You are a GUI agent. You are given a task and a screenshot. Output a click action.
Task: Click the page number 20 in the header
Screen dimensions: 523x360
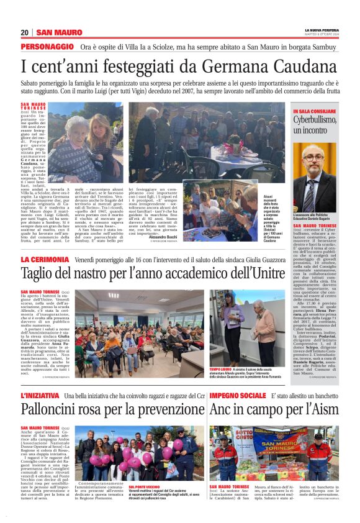click(25, 32)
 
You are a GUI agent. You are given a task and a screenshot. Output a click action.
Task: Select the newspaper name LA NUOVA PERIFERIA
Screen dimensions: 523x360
click(320, 30)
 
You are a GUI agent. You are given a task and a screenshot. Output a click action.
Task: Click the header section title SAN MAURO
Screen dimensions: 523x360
click(59, 32)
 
